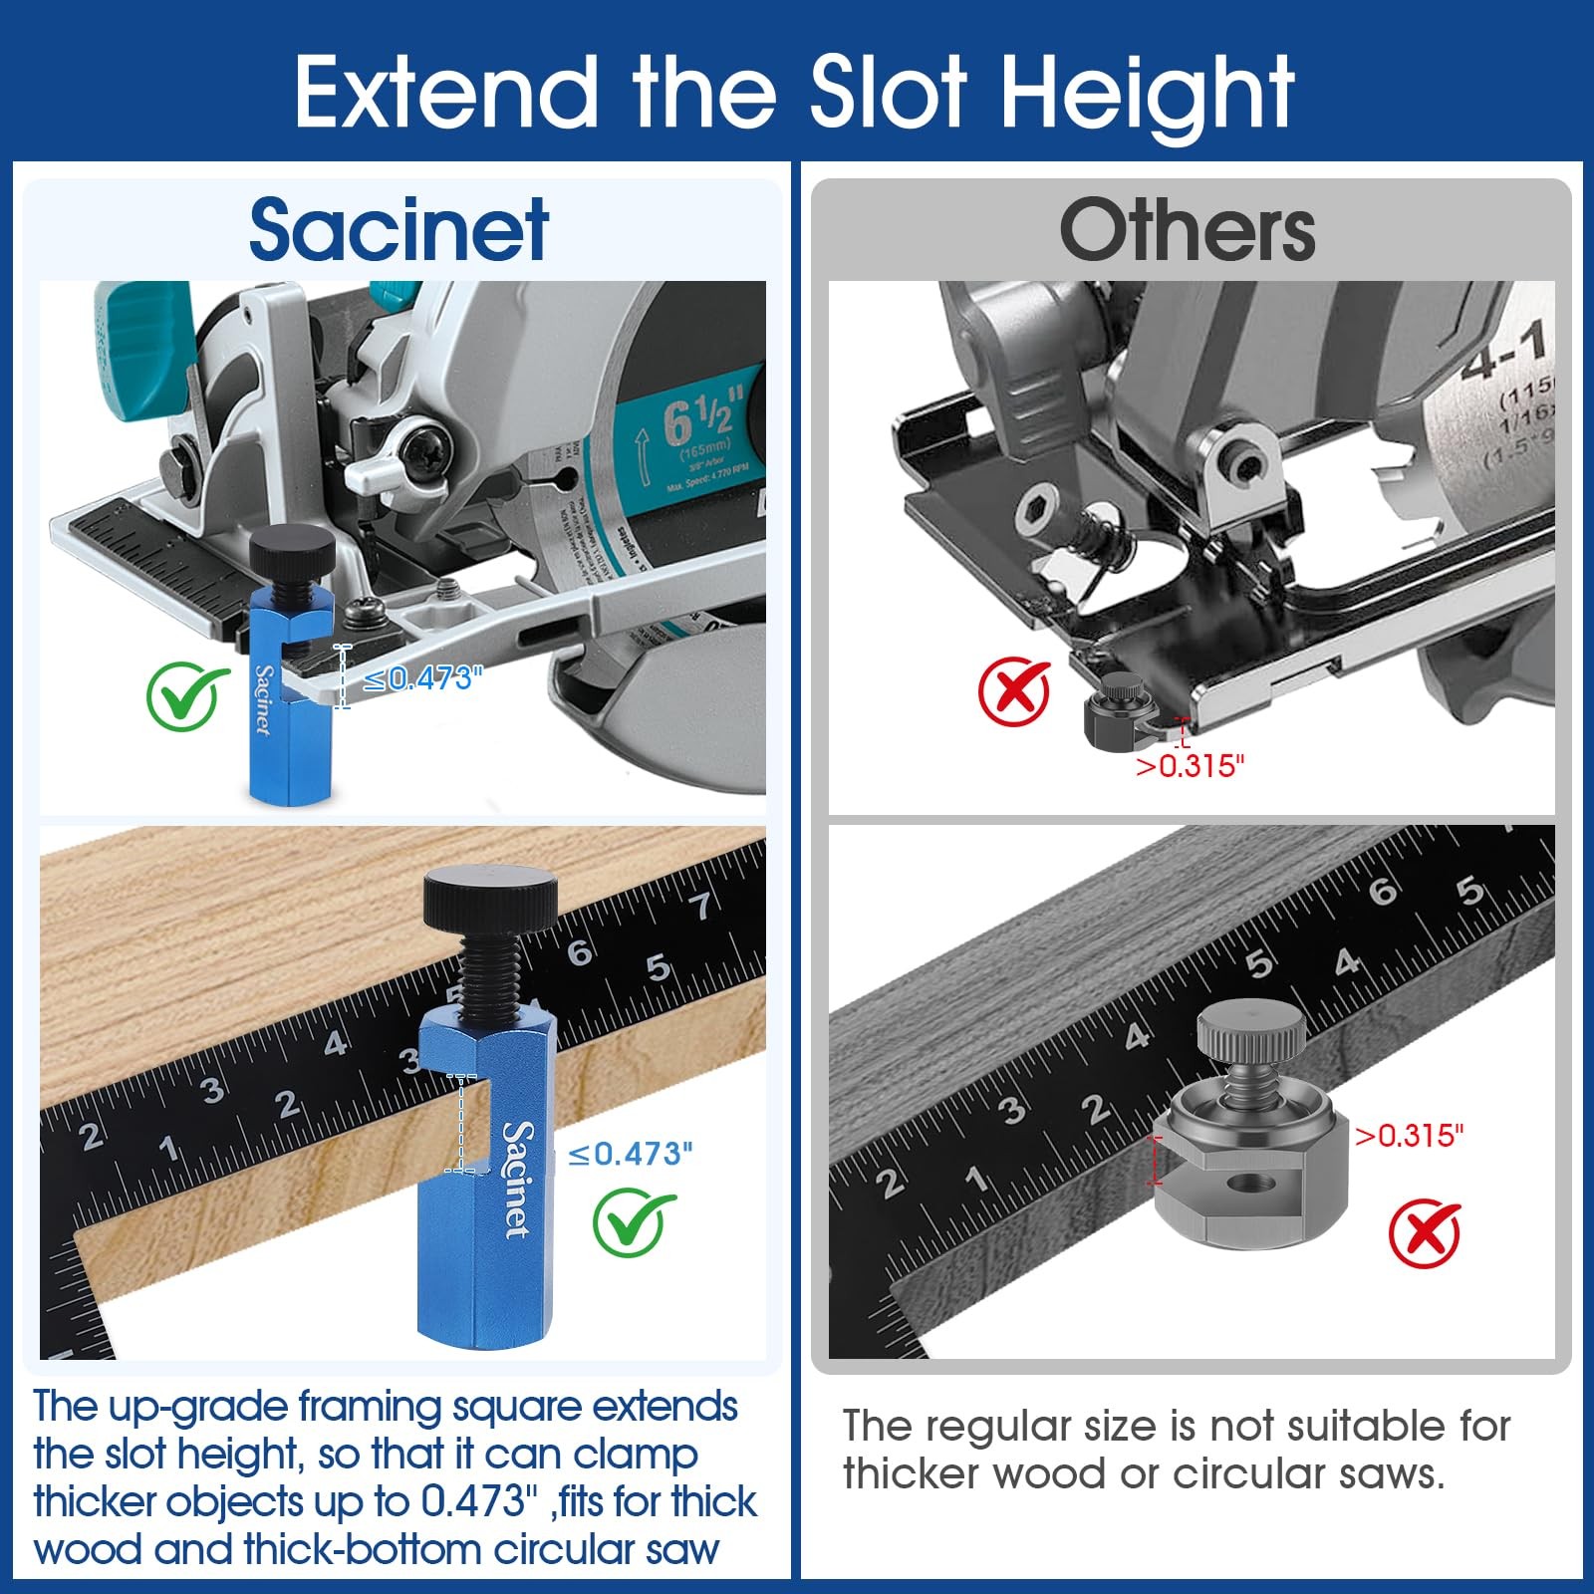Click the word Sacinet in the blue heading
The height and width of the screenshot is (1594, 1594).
point(398,230)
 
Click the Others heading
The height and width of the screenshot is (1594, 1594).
point(1187,230)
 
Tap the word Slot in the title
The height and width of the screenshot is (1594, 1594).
point(888,91)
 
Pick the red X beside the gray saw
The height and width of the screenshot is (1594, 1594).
point(1014,691)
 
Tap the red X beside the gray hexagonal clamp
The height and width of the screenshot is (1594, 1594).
point(1424,1234)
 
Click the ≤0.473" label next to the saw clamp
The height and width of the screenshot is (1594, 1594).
point(423,679)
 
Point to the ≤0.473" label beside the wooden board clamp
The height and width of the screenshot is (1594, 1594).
point(630,1154)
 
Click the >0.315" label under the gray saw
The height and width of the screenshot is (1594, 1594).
point(1191,765)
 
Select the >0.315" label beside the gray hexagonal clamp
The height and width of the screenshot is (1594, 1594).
point(1409,1135)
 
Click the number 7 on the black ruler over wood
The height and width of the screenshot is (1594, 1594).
point(703,905)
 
